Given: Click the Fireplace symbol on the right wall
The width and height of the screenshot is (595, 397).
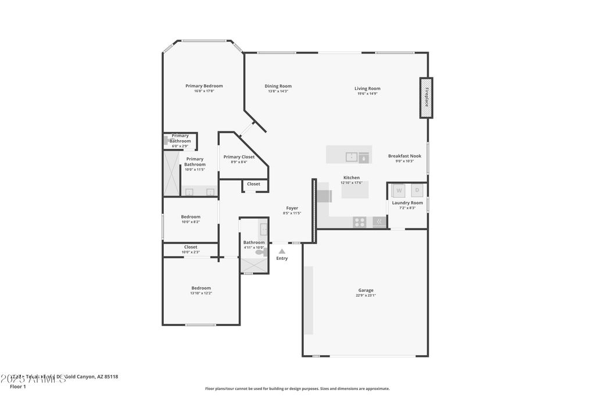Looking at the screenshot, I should [426, 98].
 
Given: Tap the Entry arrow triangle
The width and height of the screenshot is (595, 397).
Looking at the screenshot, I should [282, 251].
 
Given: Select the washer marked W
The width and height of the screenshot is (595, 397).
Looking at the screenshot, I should [399, 190].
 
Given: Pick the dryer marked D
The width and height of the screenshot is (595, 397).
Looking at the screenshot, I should [417, 190].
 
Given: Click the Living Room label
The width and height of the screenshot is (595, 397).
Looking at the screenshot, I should [367, 88].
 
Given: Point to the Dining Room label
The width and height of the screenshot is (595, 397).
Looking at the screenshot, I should [278, 86].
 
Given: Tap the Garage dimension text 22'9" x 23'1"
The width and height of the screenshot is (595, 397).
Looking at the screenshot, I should [365, 295].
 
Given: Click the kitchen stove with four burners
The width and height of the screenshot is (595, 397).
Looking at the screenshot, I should [360, 221].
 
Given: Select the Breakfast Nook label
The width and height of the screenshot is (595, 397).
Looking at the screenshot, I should [404, 156].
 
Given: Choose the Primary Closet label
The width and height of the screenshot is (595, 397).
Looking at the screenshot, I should [239, 157].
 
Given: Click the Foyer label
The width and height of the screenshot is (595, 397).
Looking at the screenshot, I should [292, 208].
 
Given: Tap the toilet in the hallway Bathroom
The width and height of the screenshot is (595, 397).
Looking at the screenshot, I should [260, 252].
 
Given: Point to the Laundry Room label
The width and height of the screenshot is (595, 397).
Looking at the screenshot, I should [407, 203].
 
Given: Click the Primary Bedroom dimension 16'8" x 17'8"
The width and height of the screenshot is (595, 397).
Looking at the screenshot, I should [204, 91].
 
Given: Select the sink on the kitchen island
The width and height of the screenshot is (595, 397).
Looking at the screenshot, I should [352, 156].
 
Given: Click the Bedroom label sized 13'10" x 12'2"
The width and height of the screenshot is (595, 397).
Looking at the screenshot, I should [201, 288].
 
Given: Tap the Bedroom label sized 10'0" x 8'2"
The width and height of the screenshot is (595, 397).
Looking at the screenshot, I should [191, 217].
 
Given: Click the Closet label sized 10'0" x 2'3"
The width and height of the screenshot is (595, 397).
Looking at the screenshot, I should [191, 247].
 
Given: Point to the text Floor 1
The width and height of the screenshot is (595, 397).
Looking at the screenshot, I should [18, 386].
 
